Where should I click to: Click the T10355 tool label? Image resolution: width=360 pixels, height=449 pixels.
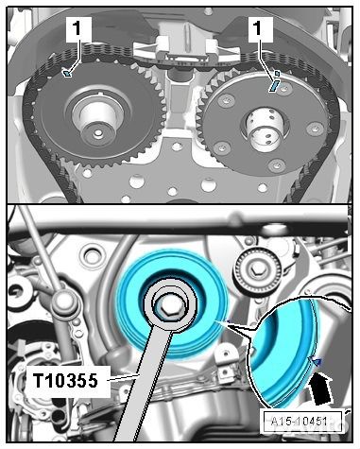pyautogui.click(x=66, y=381)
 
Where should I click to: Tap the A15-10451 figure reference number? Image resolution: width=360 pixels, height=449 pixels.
pyautogui.click(x=300, y=421)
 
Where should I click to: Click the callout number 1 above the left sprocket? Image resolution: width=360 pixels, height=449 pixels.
pyautogui.click(x=77, y=28)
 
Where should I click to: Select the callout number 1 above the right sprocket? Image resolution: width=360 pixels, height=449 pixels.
pyautogui.click(x=259, y=28)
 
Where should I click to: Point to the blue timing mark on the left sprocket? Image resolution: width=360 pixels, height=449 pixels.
pyautogui.click(x=67, y=74)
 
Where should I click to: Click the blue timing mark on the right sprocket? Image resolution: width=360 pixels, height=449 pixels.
pyautogui.click(x=274, y=85)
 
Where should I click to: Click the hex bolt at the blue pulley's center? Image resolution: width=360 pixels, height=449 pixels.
pyautogui.click(x=168, y=308)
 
